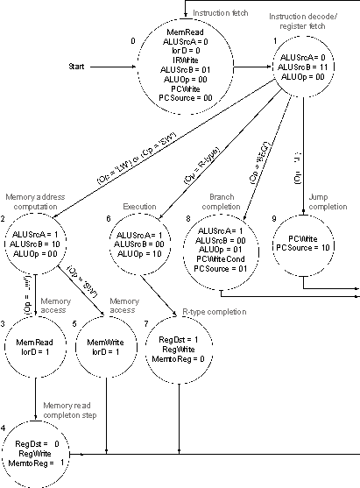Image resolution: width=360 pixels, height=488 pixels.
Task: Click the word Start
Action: [x=79, y=67]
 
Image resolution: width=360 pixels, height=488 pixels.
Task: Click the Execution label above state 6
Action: [x=140, y=206]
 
